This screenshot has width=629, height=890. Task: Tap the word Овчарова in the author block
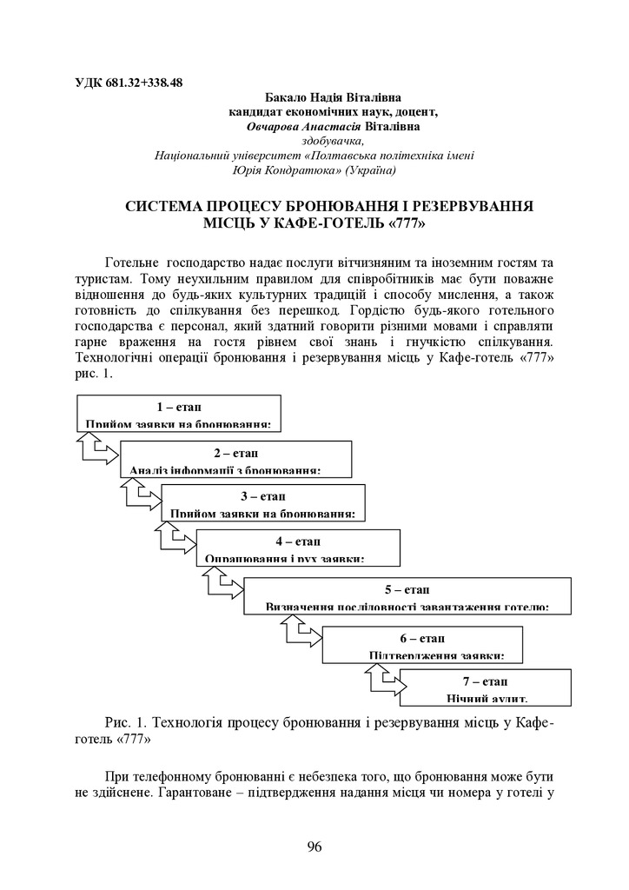click(x=275, y=127)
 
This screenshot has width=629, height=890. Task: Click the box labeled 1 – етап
click(x=179, y=413)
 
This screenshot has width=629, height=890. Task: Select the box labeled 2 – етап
click(x=235, y=459)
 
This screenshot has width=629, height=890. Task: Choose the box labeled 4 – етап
click(x=297, y=547)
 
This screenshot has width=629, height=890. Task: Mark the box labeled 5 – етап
click(x=407, y=595)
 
